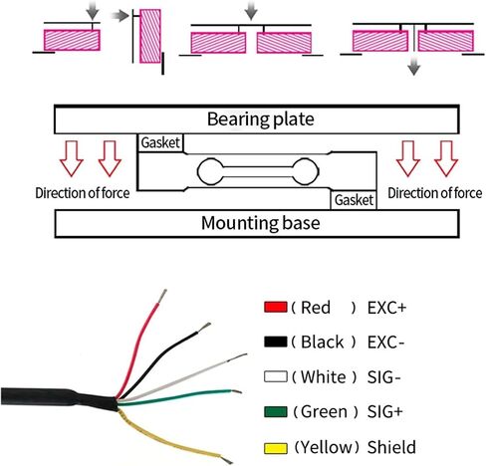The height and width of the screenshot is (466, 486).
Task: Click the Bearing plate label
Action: [261, 119]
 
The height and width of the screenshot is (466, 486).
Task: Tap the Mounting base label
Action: [261, 223]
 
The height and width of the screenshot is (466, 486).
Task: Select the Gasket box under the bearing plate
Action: [160, 142]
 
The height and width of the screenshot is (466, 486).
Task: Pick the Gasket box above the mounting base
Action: [354, 200]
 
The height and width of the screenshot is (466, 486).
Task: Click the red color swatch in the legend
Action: [276, 307]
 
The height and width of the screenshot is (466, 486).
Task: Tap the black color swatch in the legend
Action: [276, 342]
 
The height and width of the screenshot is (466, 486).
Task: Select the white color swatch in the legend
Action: [276, 376]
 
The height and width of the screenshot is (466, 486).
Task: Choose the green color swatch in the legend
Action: [276, 411]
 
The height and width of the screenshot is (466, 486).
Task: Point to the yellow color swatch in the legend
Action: [276, 448]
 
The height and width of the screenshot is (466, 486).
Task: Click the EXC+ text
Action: [386, 308]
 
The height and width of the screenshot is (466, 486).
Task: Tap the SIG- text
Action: [384, 377]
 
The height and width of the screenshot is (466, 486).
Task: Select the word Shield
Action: [391, 447]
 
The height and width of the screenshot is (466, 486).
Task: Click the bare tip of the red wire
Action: [162, 296]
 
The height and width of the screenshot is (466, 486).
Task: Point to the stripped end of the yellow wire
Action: [226, 459]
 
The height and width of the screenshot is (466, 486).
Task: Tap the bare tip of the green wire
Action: [236, 391]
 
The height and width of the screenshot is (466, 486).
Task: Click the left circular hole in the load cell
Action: [210, 171]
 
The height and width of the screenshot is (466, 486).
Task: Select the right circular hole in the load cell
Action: [306, 171]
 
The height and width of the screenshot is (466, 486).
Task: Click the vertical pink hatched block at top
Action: [150, 36]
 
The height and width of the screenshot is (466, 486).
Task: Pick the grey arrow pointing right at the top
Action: [120, 16]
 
